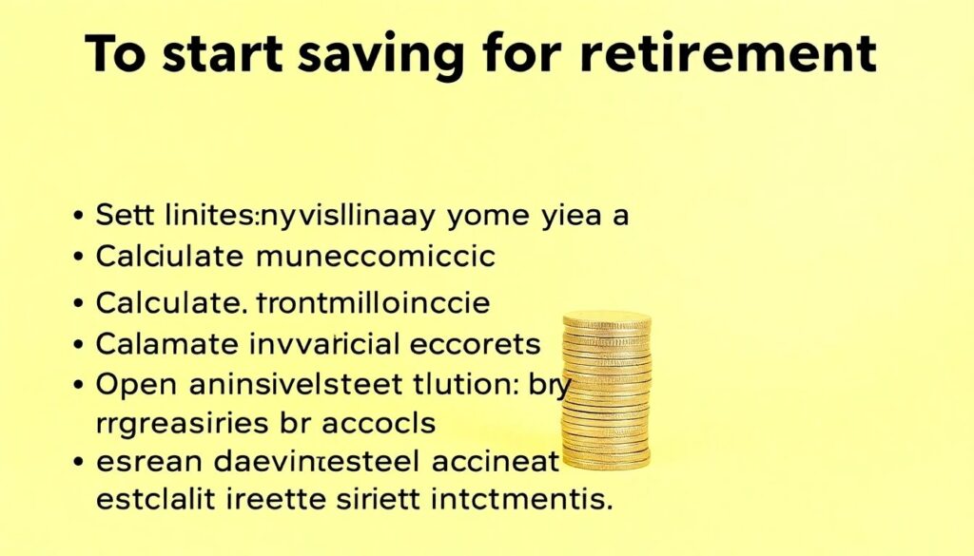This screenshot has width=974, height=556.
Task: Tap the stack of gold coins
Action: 607,389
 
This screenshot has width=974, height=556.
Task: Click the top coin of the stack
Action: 607,321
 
